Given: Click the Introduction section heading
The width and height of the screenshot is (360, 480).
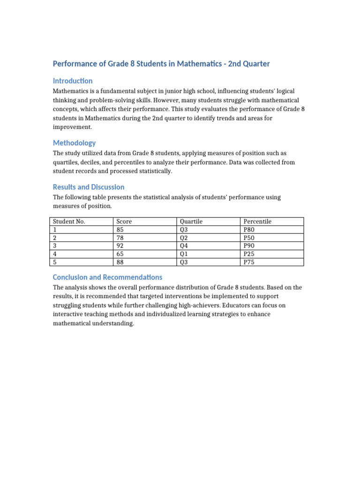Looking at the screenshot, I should (x=73, y=81).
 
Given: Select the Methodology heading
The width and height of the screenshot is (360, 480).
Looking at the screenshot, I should (x=74, y=143).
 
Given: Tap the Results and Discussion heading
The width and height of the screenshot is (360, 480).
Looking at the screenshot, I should (x=89, y=187).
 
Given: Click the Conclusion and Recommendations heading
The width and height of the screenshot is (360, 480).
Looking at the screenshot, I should (x=107, y=277).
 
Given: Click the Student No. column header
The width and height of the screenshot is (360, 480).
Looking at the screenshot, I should (x=69, y=222).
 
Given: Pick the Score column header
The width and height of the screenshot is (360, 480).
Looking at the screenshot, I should (x=124, y=222).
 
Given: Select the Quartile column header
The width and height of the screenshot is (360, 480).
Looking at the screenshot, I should (x=191, y=222).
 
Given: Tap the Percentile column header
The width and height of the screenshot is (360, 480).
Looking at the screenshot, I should (x=258, y=222).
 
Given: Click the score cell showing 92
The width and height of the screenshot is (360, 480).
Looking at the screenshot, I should (x=120, y=246).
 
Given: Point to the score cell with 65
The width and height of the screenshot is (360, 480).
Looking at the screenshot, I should (x=120, y=254).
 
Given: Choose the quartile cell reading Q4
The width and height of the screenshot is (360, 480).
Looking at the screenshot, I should (x=184, y=246).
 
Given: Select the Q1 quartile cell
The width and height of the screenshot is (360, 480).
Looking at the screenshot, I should (x=184, y=254).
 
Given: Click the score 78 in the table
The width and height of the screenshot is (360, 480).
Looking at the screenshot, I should (x=120, y=238).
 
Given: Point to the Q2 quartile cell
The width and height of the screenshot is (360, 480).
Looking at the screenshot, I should (x=184, y=238).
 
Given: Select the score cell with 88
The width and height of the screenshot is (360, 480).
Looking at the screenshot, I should (x=120, y=262).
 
